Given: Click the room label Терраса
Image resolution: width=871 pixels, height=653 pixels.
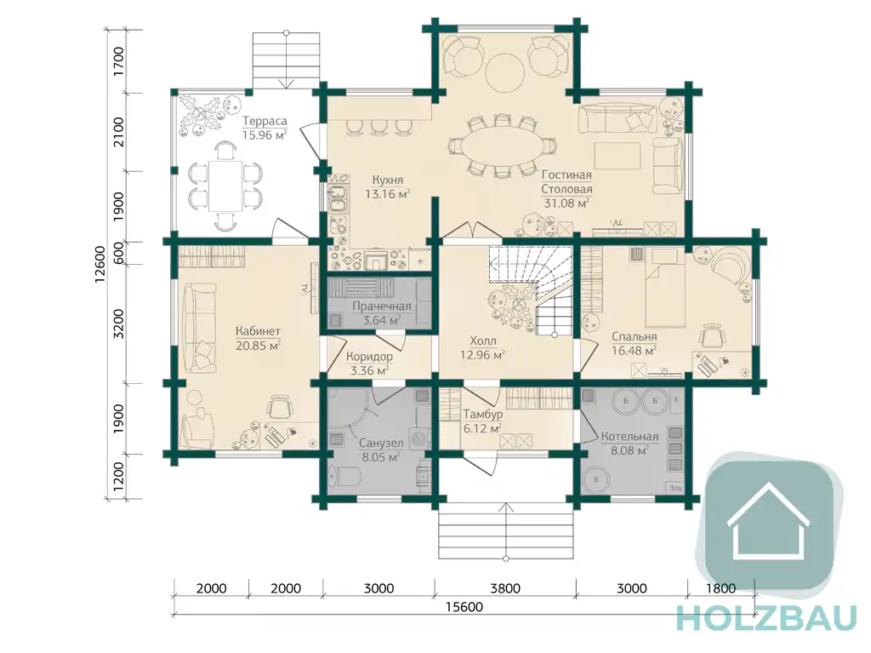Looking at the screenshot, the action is (x=265, y=121).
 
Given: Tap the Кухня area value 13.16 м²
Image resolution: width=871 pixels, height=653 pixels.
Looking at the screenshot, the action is (x=387, y=194).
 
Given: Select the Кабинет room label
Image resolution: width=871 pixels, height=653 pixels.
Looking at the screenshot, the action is (x=258, y=331).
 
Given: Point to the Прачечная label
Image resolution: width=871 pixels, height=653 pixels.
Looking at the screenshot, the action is (x=382, y=306).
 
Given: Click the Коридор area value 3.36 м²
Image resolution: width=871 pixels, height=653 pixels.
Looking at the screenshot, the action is (x=369, y=370).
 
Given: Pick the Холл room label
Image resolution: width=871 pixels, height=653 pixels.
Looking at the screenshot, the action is (x=483, y=341).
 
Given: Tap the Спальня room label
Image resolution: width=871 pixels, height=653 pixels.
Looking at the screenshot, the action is (x=635, y=336).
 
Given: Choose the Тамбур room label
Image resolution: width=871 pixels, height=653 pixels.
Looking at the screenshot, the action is (x=483, y=415).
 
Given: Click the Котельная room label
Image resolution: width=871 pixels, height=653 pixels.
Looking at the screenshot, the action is (x=629, y=437).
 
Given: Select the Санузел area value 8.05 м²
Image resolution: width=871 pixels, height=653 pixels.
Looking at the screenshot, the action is (x=380, y=458).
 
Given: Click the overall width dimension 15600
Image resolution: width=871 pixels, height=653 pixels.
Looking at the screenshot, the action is (x=464, y=606).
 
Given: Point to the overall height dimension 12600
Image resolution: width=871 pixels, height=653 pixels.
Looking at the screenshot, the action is (x=100, y=264).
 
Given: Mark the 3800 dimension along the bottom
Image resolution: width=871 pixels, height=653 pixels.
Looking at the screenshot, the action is (x=505, y=588).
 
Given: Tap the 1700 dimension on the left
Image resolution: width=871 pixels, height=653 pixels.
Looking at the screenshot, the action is (x=118, y=62).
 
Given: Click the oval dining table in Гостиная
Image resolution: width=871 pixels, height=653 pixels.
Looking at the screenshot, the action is (x=504, y=146).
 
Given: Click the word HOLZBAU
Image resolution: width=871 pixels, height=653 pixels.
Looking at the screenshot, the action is (x=767, y=617).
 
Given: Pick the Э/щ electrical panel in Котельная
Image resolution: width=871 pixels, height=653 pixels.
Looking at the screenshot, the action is (x=675, y=488).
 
